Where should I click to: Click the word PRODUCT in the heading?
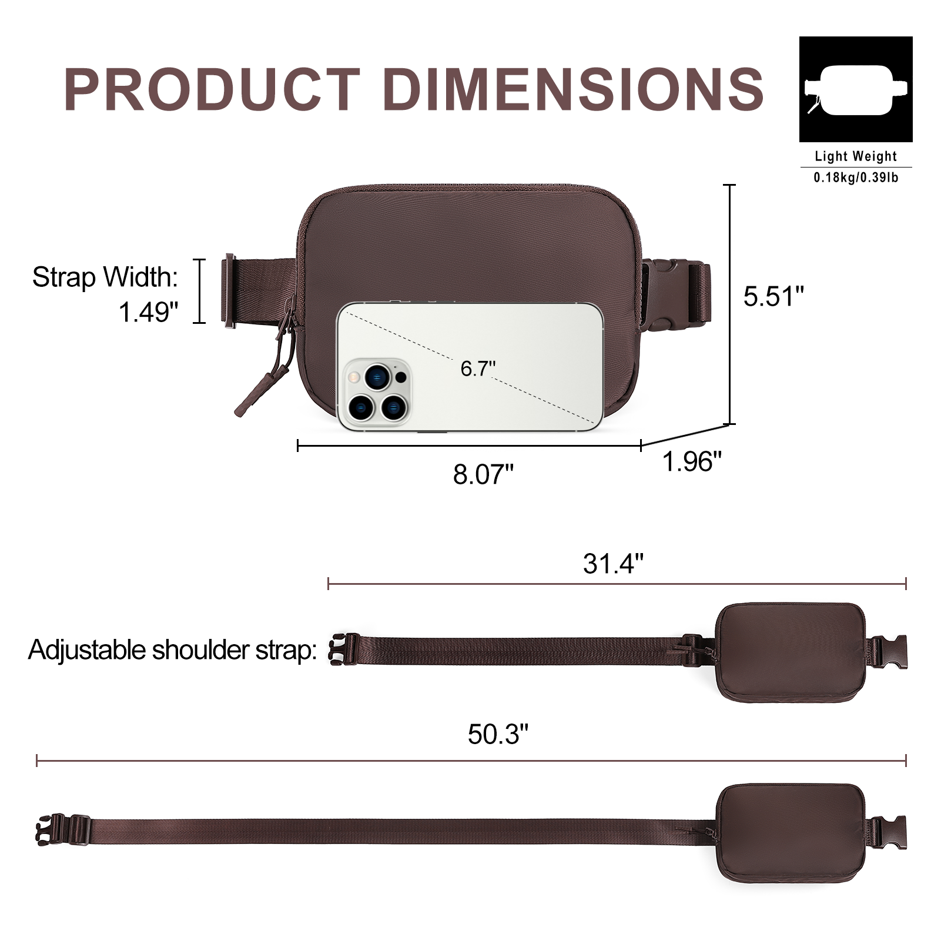tap(212, 89)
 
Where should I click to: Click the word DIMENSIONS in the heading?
tap(573, 89)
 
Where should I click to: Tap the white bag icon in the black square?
tap(855, 89)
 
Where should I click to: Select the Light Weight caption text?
tap(855, 156)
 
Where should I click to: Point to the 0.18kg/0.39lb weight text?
tap(855, 177)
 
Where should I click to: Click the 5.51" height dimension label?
tap(773, 296)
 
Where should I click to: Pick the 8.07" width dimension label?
tap(483, 474)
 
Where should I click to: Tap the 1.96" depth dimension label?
tap(692, 462)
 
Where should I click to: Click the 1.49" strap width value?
tap(148, 312)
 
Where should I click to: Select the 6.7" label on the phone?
tap(477, 369)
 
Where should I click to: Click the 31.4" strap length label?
tap(613, 564)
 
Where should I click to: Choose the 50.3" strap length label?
tap(498, 734)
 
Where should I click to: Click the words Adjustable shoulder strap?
tap(172, 650)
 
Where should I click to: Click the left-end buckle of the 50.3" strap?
tap(62, 830)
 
